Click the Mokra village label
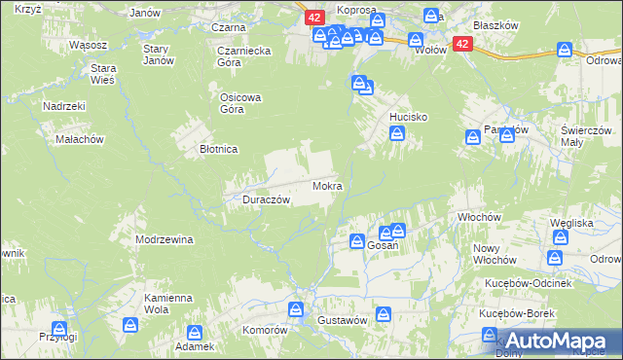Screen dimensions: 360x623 (x=326, y=185)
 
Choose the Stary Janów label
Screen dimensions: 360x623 (x=158, y=54)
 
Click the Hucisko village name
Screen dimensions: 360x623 (x=409, y=116)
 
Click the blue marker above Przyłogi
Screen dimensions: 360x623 (x=59, y=329)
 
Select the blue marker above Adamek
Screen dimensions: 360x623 (x=195, y=332)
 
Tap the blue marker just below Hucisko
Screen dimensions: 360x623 (x=397, y=135)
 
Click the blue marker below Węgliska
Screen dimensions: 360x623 (x=555, y=257)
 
